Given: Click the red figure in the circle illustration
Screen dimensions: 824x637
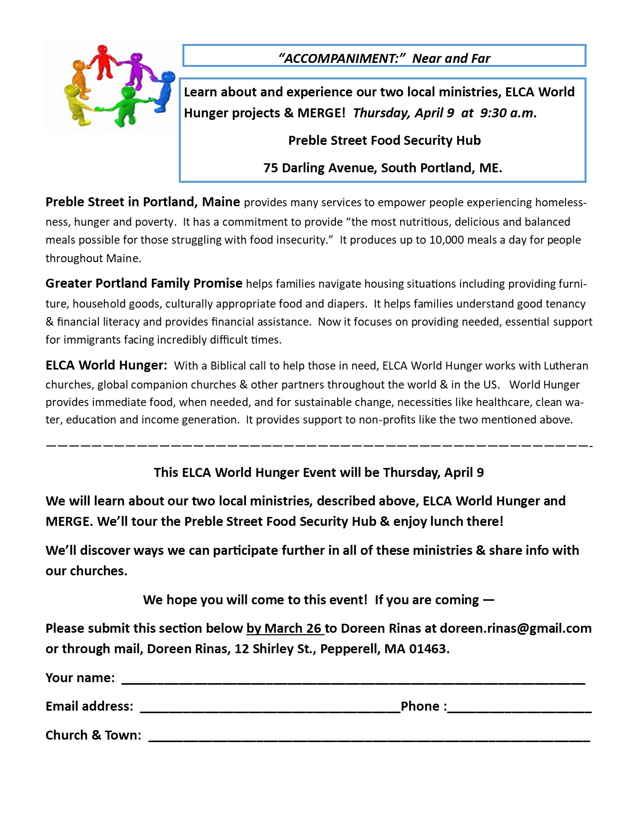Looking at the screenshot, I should tap(103, 60).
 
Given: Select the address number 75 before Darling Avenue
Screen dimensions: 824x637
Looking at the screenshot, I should tap(271, 168).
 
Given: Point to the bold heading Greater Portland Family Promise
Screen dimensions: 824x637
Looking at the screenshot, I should tap(144, 283).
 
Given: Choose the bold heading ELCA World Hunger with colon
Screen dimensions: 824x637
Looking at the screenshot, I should tap(106, 365).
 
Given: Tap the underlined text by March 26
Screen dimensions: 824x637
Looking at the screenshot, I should tap(284, 628).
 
